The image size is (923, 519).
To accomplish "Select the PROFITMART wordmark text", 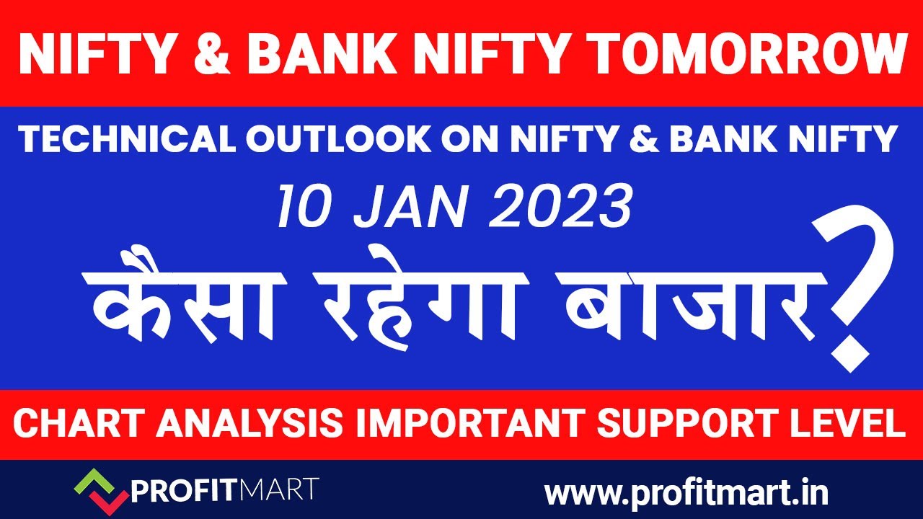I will (x=224, y=492).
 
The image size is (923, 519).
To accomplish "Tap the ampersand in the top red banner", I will (x=208, y=54).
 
